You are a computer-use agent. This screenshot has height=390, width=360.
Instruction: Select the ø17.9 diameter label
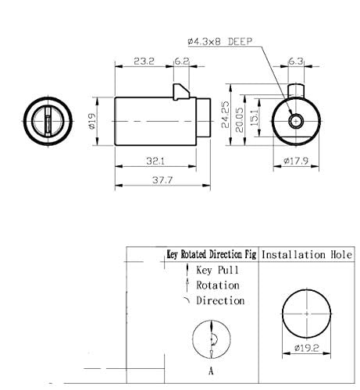(295, 162)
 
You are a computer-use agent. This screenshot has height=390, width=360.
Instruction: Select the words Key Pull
(217, 270)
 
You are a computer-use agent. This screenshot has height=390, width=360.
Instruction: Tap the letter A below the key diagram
(211, 371)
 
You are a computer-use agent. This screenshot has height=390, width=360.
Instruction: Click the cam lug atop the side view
(180, 91)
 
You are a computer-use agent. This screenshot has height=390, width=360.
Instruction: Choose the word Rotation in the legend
(219, 285)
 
